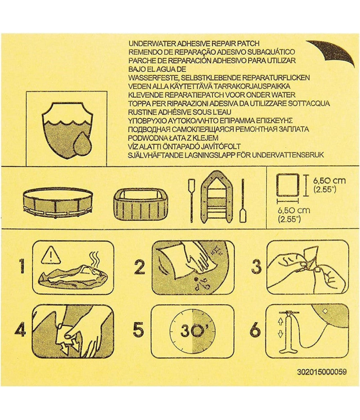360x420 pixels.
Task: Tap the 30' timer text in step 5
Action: pos(192,331)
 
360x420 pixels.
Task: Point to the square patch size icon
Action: pos(288,185)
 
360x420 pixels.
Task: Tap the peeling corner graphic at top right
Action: pos(334,51)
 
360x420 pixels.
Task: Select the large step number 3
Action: pos(256,267)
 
